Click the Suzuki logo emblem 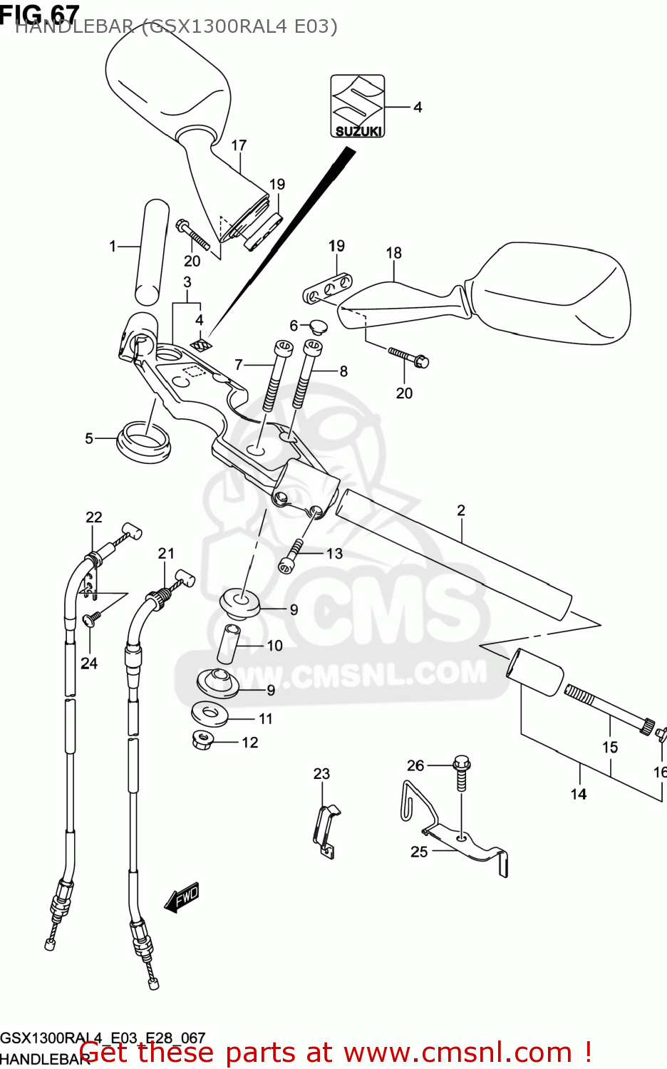[358, 106]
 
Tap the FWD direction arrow [182, 897]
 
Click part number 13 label [334, 554]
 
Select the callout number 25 [419, 852]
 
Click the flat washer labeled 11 [210, 713]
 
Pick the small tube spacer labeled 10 [228, 644]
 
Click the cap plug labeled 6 [314, 328]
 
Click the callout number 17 [239, 145]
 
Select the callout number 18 [393, 253]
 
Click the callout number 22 [94, 517]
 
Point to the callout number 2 [461, 510]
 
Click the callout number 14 [579, 794]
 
